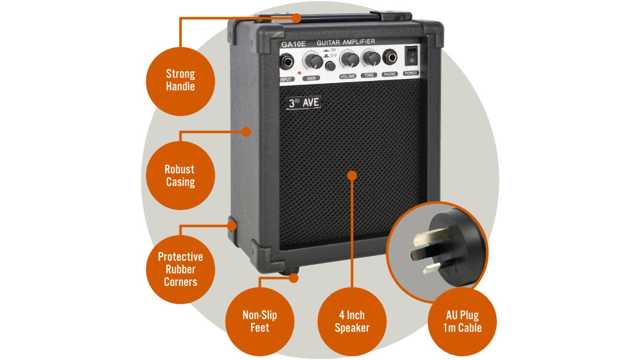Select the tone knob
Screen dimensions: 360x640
(x=371, y=59)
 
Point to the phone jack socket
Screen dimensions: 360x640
(x=390, y=57)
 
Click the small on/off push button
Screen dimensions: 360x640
(x=330, y=66)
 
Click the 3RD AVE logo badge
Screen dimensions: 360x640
(x=303, y=102)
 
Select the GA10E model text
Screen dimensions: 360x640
(x=294, y=44)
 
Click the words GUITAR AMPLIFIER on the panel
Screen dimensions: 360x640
(x=346, y=42)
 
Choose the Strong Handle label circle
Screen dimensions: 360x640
(x=180, y=80)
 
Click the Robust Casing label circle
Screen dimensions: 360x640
(x=180, y=175)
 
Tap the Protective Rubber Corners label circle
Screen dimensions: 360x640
(x=180, y=269)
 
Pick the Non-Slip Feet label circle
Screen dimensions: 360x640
(x=259, y=322)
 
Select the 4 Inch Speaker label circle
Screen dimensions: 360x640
(x=352, y=322)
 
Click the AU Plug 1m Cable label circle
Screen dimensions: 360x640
(x=462, y=322)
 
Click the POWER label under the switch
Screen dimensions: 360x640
(x=411, y=73)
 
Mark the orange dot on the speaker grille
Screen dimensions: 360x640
(x=352, y=175)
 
